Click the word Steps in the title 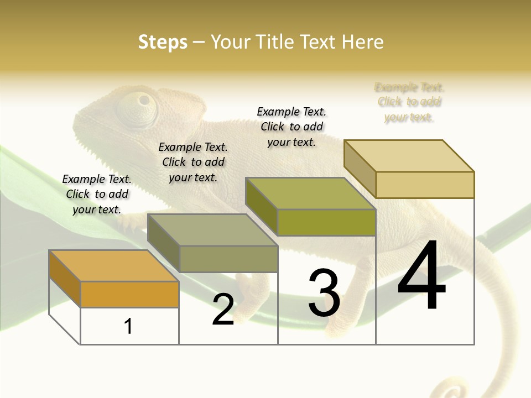[x=163, y=42]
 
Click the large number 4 [x=421, y=276]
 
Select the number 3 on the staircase [x=324, y=294]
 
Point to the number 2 [x=223, y=310]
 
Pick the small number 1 [x=128, y=326]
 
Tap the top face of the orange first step [x=113, y=265]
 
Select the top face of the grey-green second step [x=212, y=230]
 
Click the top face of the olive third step [x=310, y=193]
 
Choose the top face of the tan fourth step [x=409, y=156]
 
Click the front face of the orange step [x=129, y=294]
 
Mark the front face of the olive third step [x=326, y=222]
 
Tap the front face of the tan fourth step [x=425, y=185]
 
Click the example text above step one [x=97, y=194]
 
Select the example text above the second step [x=193, y=162]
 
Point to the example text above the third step [x=291, y=127]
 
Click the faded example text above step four [x=409, y=102]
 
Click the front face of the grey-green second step [x=228, y=259]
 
